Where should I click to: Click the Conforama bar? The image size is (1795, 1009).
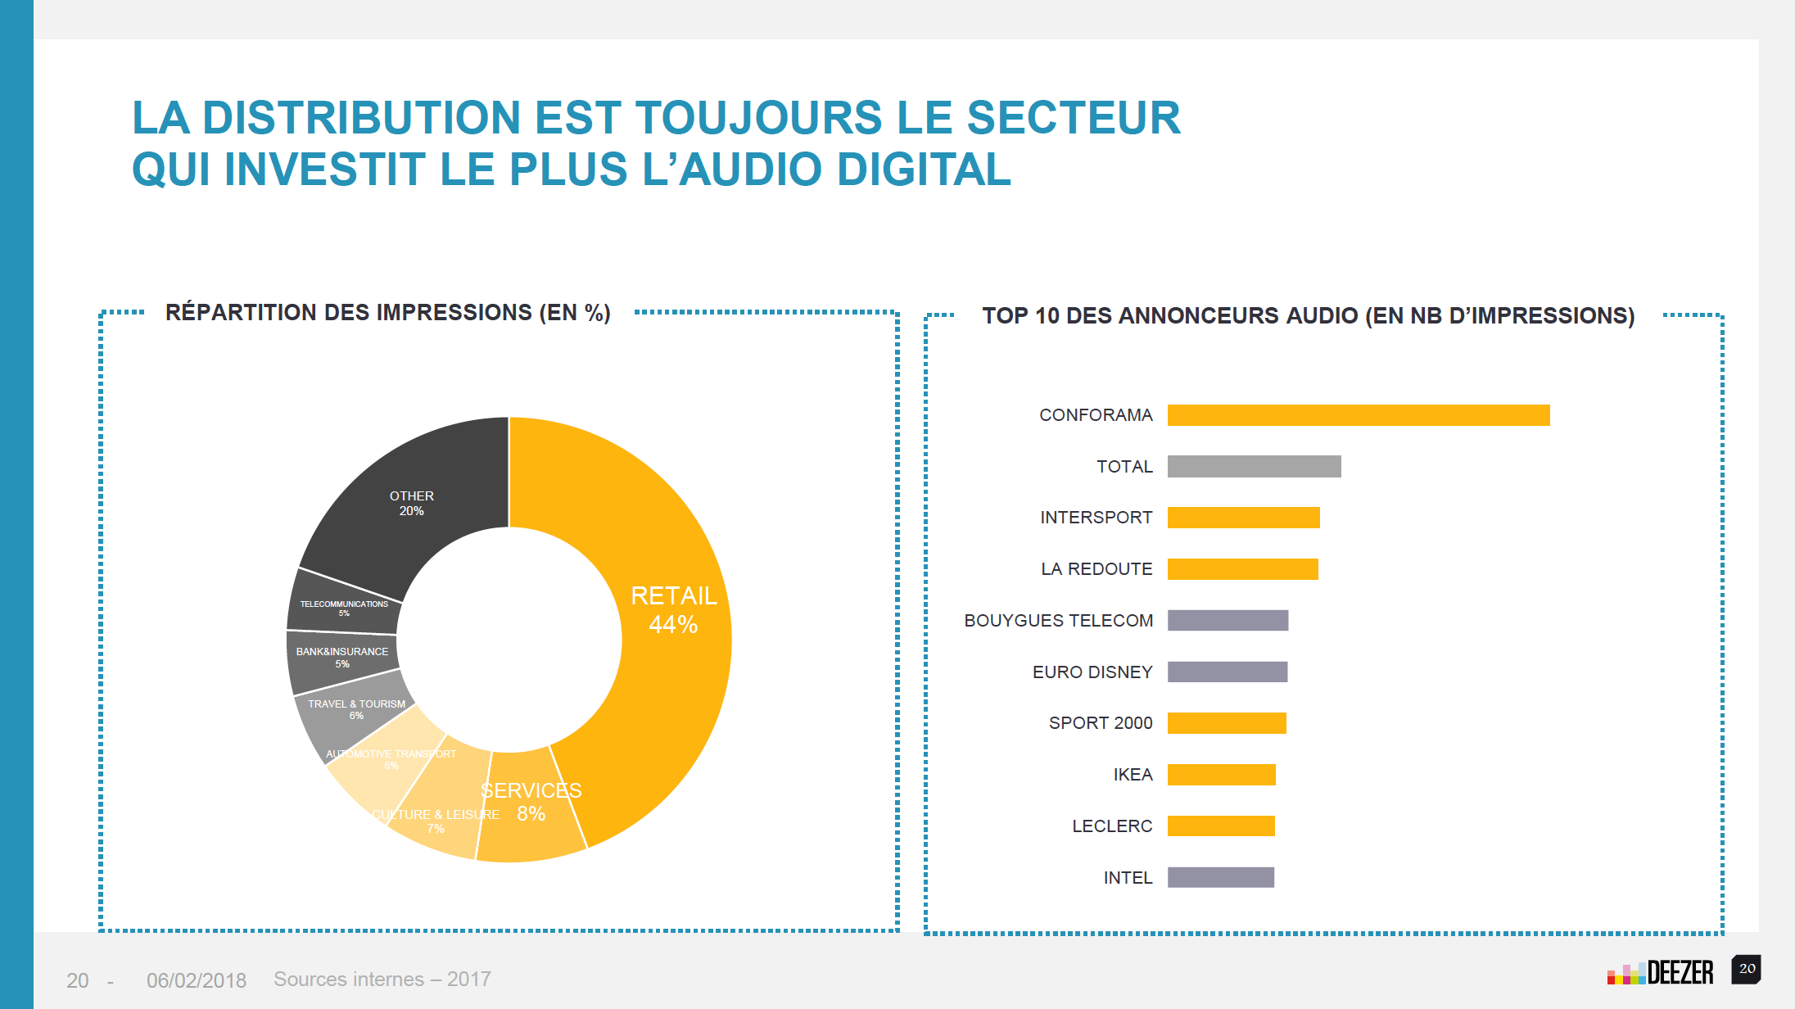coord(1358,415)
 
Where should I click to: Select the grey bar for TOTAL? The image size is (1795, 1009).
coord(1254,467)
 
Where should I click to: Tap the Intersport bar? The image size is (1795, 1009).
coord(1243,518)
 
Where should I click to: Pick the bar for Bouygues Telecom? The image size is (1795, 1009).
coord(1228,621)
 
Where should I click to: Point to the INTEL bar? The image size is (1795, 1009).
coord(1220,877)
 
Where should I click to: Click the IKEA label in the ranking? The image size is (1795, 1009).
coord(1133,775)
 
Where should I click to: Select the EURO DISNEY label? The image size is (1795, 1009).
coord(1092,672)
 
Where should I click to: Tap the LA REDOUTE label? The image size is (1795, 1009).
coord(1096,569)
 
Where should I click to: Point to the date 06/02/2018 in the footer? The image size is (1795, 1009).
coord(197,980)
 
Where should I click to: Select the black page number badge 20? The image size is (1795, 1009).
coord(1747,969)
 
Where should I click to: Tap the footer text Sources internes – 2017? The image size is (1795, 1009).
coord(382,980)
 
